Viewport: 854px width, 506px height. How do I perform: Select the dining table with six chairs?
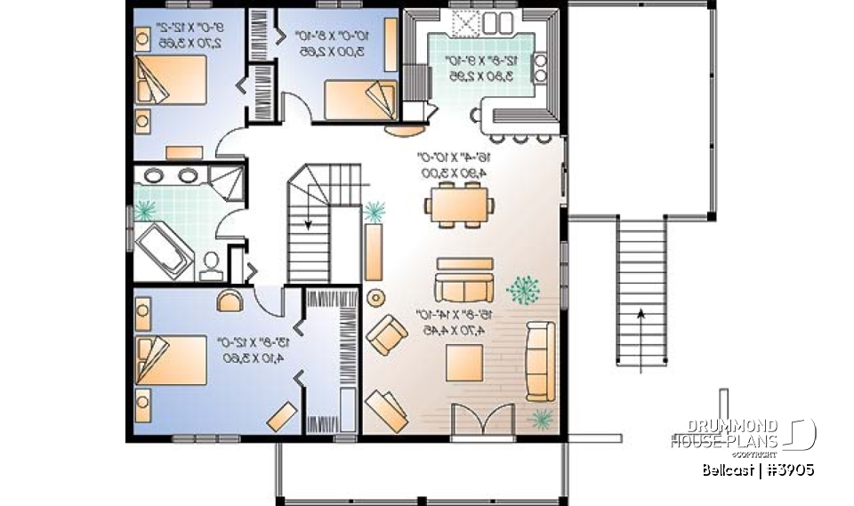[x=460, y=205]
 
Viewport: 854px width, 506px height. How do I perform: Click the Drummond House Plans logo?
[x=742, y=434]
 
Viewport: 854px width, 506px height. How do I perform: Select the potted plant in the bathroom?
[x=144, y=212]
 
